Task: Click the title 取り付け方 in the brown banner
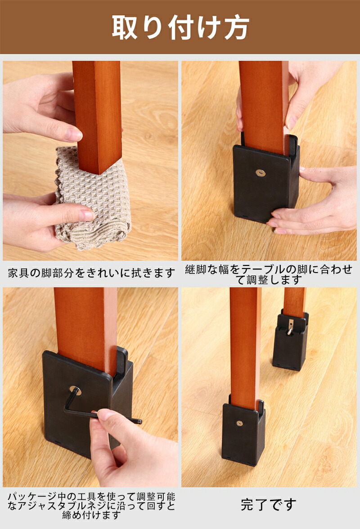tap(180, 27)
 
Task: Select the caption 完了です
tap(269, 505)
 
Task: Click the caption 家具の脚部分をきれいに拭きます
tap(91, 273)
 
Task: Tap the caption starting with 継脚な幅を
tap(269, 274)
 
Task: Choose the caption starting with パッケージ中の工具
tap(91, 506)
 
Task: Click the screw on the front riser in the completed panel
tap(239, 422)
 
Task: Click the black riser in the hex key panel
tap(88, 401)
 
